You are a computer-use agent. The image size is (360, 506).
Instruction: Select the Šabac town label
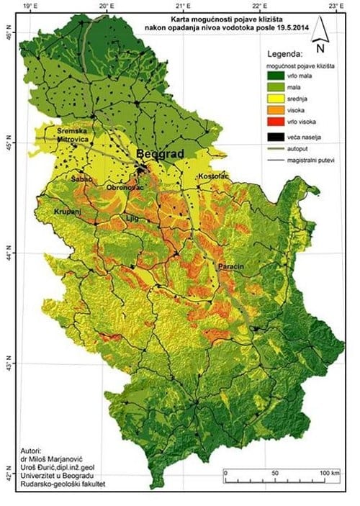point(81,177)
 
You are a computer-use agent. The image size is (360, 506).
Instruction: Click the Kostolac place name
point(213,175)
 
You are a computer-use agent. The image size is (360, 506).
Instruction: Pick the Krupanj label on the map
point(68,213)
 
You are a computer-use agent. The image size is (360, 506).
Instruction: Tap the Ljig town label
point(131,216)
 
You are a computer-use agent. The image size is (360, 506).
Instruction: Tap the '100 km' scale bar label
point(330,471)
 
